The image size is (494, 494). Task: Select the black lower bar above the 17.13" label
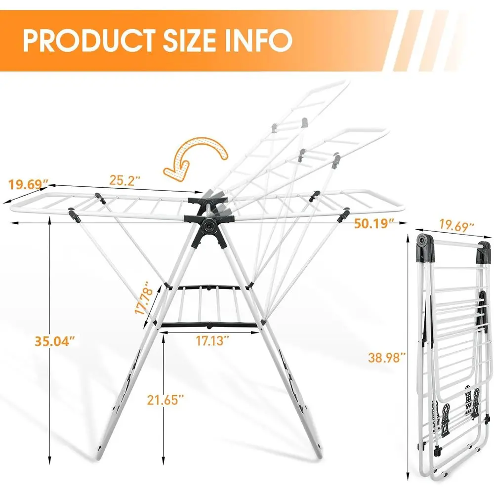tap(209, 325)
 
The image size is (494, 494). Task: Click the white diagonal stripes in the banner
tap(435, 40)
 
